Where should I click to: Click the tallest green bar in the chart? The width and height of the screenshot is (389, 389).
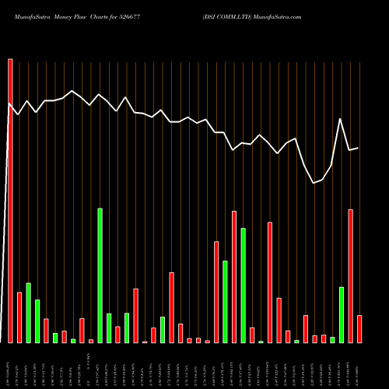(x=100, y=275)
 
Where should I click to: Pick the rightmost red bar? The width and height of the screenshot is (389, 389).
(x=359, y=328)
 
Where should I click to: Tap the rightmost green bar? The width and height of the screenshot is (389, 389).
(x=342, y=314)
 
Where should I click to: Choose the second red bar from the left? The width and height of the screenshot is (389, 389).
(x=19, y=317)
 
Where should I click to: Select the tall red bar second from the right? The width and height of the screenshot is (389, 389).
(x=351, y=275)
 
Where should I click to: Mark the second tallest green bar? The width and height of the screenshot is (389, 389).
(x=244, y=285)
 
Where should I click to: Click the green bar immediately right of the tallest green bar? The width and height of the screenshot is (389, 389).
(x=109, y=328)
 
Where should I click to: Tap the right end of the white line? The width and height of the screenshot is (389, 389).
(x=358, y=148)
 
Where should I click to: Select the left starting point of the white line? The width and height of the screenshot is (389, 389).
(x=9, y=103)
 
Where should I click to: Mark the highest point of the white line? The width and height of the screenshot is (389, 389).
(x=72, y=90)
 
